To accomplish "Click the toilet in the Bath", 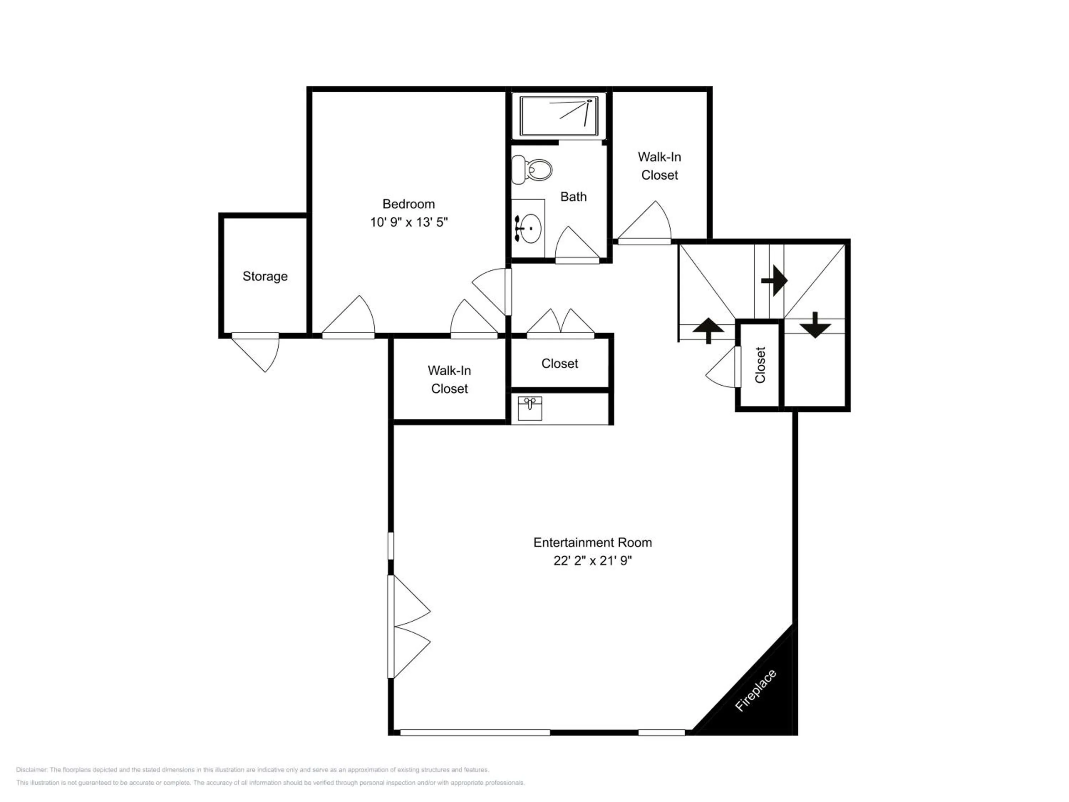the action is click(532, 170).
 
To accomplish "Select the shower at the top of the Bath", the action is click(559, 116).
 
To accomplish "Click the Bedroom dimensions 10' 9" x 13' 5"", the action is click(409, 222).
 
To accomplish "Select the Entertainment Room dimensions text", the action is click(593, 560).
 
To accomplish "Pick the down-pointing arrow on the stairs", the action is click(815, 325).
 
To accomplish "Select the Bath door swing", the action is click(578, 245).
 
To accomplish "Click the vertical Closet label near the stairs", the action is click(760, 365).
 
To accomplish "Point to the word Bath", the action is click(574, 197).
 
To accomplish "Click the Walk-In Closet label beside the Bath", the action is click(660, 166).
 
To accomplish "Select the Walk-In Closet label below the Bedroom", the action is click(449, 380).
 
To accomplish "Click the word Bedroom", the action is click(409, 204).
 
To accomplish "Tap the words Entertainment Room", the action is click(593, 543).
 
